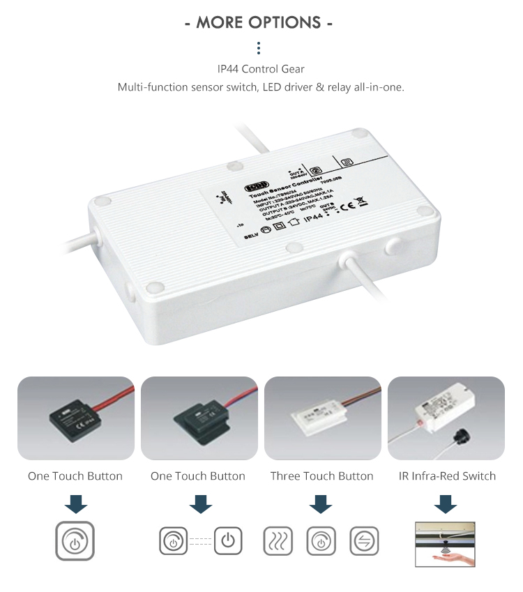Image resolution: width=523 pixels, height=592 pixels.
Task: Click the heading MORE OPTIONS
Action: click(x=259, y=22)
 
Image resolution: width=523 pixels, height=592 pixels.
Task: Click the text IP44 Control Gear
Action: click(x=261, y=69)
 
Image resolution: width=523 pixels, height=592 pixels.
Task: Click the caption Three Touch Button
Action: click(x=321, y=476)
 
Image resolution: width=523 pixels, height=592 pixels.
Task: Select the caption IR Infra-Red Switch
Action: click(x=447, y=476)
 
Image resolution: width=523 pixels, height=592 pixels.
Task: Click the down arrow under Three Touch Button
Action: click(x=321, y=503)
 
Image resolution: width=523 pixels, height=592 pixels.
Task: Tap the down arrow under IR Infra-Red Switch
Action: click(x=446, y=503)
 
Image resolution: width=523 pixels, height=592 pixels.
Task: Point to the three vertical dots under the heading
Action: click(x=259, y=48)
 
